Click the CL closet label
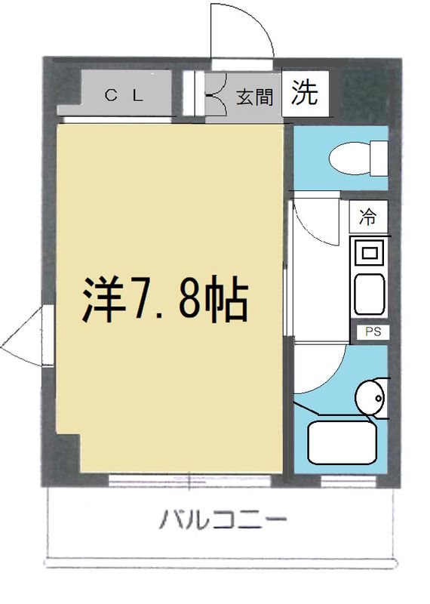[x=122, y=95]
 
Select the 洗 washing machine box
[x=306, y=93]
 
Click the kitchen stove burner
[x=369, y=251]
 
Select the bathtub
[x=342, y=444]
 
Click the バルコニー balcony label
[x=223, y=520]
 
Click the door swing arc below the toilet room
[x=315, y=219]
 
